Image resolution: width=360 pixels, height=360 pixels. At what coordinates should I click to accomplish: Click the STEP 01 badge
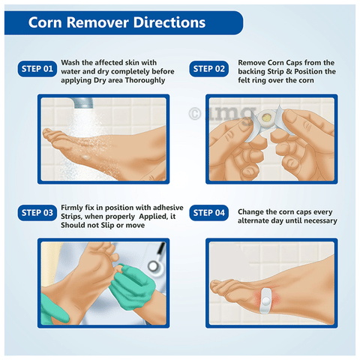point(37,69)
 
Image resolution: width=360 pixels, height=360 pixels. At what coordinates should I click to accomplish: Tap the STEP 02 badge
point(209,69)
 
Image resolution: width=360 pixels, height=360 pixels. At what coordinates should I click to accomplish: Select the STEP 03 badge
point(37,213)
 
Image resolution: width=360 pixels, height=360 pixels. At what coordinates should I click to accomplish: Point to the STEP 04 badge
point(209,213)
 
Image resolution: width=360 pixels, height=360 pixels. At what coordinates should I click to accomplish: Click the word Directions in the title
point(169,22)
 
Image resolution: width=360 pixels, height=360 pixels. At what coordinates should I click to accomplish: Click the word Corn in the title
point(45,22)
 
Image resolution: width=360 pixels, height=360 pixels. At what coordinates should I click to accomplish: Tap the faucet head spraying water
point(82,103)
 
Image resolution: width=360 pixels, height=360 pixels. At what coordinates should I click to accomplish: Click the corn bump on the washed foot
point(85,157)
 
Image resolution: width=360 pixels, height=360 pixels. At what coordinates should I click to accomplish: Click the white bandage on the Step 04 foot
point(265,301)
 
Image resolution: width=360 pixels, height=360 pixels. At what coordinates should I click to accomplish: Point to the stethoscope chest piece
point(154,266)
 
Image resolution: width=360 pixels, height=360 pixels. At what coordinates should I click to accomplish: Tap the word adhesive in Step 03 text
point(168,208)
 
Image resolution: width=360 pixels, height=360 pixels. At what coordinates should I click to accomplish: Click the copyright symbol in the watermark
point(195,114)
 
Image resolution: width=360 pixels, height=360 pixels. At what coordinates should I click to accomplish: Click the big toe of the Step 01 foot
point(49,132)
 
